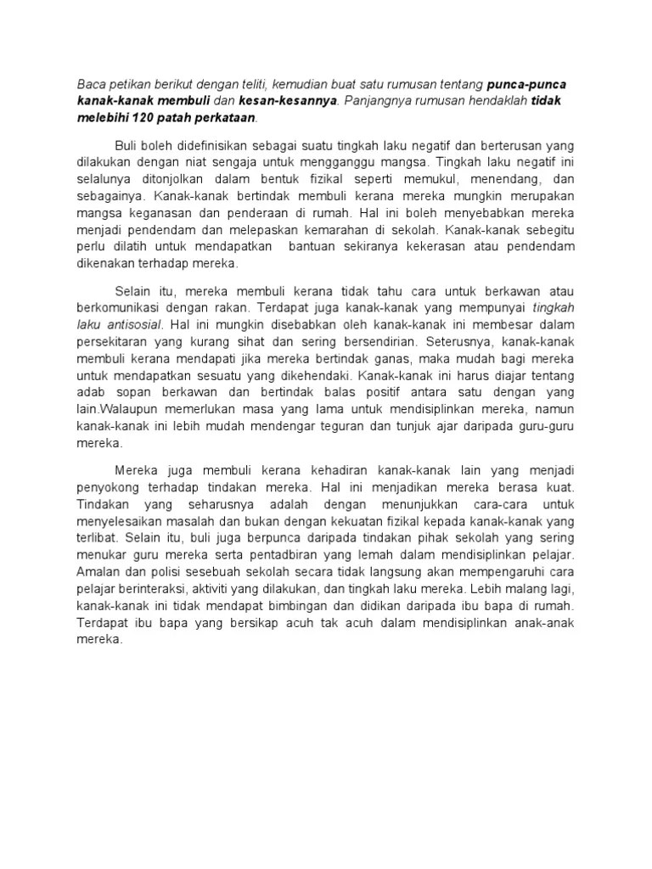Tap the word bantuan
pos(320,247)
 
